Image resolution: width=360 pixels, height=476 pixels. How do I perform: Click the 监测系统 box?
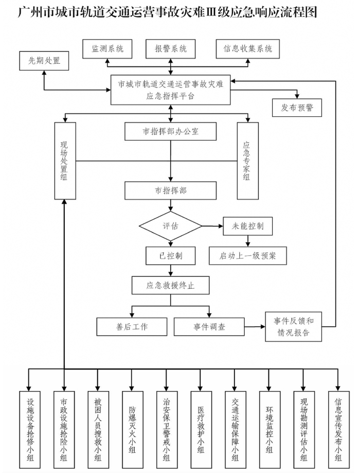(x=107, y=49)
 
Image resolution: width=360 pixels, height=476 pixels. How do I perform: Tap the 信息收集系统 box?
(x=247, y=49)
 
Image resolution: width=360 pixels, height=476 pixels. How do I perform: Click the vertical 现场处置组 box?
(x=65, y=161)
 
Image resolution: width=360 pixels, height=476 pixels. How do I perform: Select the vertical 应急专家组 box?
(x=247, y=161)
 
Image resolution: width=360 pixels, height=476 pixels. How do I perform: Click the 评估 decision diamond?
(x=170, y=226)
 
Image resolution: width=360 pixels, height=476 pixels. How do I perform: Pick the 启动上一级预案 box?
(x=247, y=255)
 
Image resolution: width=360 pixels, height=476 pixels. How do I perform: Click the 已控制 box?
(x=170, y=255)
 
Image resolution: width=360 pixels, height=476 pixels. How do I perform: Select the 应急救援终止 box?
(x=170, y=285)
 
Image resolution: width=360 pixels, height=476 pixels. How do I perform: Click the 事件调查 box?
(x=209, y=326)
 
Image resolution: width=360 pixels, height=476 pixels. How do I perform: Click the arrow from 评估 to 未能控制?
(x=211, y=226)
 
